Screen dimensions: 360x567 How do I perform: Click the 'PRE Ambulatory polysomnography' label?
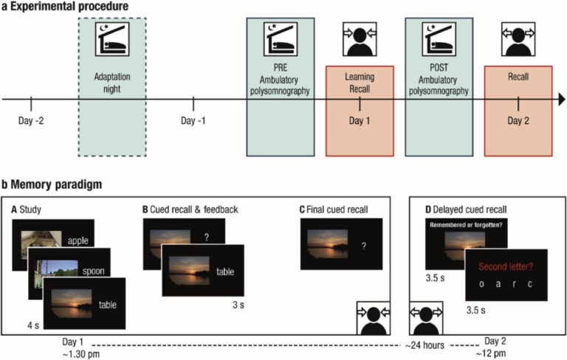coord(281,80)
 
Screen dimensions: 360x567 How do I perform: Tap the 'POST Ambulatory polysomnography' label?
coord(439,80)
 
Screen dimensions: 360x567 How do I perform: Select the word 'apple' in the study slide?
coord(79,240)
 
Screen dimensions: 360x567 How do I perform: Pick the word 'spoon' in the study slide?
coord(90,271)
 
